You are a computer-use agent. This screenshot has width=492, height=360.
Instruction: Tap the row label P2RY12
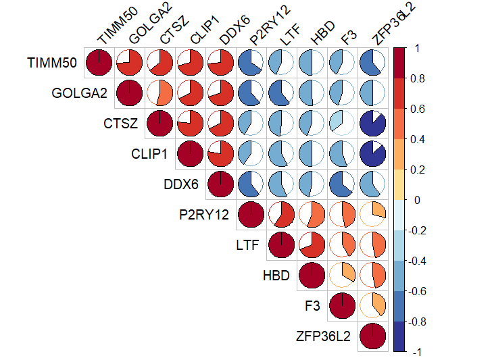tap(204, 215)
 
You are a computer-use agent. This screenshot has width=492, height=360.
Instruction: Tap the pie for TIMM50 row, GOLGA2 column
tap(130, 63)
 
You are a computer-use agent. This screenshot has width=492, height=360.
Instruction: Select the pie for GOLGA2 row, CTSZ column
tap(160, 93)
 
